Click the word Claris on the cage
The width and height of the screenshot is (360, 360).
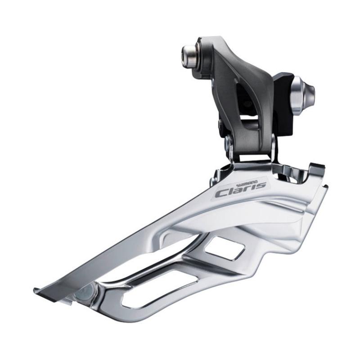239,189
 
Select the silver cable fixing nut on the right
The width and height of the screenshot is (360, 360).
302,93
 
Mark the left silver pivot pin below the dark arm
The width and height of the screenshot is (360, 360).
229,145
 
